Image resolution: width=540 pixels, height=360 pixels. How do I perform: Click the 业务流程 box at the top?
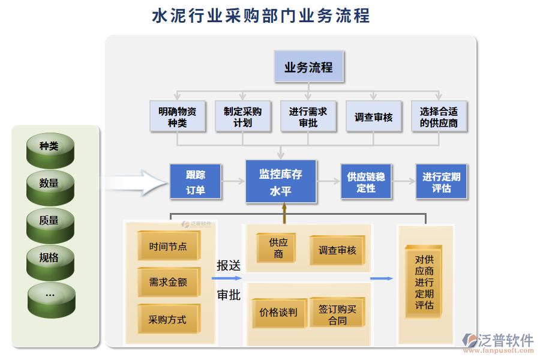coord(309,67)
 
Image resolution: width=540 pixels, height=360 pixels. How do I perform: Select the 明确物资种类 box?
coord(177,116)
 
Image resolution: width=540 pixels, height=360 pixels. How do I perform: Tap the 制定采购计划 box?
coord(242,116)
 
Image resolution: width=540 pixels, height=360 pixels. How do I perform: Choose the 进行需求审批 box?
coord(308,116)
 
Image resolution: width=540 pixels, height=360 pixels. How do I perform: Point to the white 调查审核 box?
coord(373,116)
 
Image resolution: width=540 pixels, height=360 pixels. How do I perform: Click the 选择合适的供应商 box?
coord(439,116)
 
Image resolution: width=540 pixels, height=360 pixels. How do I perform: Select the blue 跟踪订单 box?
coord(196,182)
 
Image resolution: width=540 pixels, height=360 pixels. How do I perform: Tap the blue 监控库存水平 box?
coord(280,181)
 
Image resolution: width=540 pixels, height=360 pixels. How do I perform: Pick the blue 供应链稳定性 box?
coord(366,182)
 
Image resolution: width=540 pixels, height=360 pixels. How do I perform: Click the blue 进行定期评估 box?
coord(442,182)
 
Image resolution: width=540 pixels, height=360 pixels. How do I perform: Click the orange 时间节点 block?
coord(168,247)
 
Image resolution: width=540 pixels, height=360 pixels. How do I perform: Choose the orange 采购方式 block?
coord(168,319)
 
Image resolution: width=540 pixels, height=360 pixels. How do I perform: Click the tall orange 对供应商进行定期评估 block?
coord(424,283)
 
